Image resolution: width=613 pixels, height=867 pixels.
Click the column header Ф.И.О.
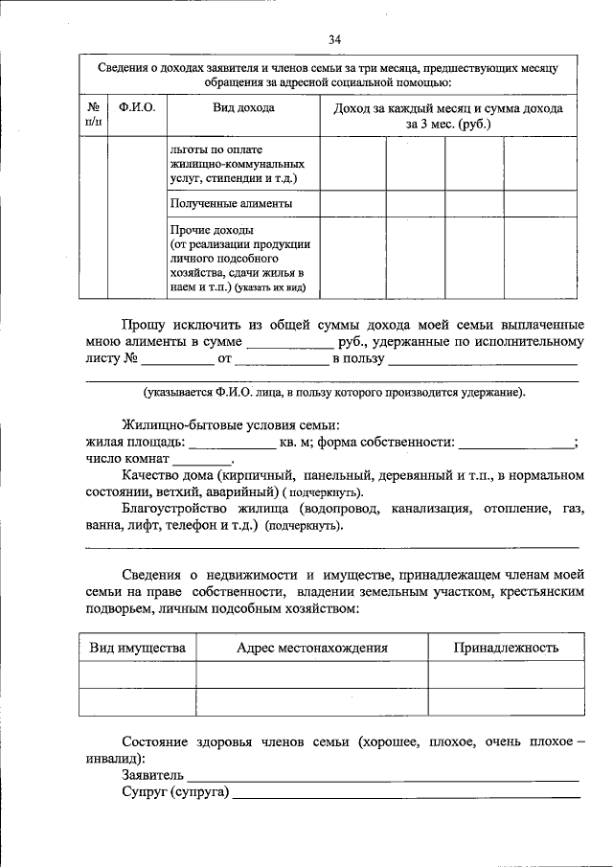tap(137, 108)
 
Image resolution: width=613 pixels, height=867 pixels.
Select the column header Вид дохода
tap(243, 108)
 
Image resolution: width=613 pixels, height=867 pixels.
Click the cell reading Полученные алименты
tap(231, 204)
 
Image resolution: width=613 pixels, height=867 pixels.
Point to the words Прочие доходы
tap(211, 232)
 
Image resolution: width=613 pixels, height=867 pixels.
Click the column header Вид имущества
tap(137, 648)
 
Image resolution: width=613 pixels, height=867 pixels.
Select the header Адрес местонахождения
tap(311, 648)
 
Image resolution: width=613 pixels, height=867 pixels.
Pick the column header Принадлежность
tap(506, 648)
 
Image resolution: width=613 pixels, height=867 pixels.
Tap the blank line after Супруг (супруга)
tap(407, 795)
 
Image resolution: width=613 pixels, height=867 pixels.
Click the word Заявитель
tap(152, 774)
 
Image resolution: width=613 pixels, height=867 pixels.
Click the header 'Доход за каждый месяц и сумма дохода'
tap(447, 108)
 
